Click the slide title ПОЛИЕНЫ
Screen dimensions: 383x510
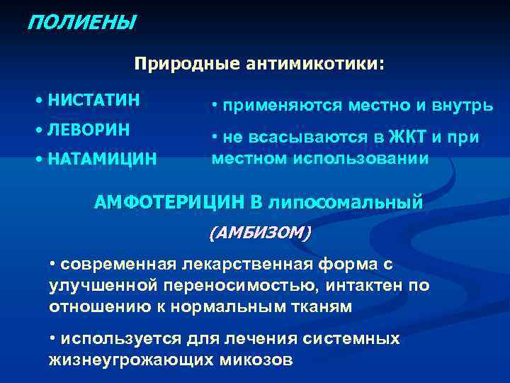[79, 23]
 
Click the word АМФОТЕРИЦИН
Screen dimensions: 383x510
[170, 202]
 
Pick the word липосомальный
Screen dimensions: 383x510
[345, 203]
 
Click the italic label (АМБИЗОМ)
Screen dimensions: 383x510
[259, 232]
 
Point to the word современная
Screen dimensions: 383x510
[118, 265]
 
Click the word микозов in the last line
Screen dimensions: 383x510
[259, 359]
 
